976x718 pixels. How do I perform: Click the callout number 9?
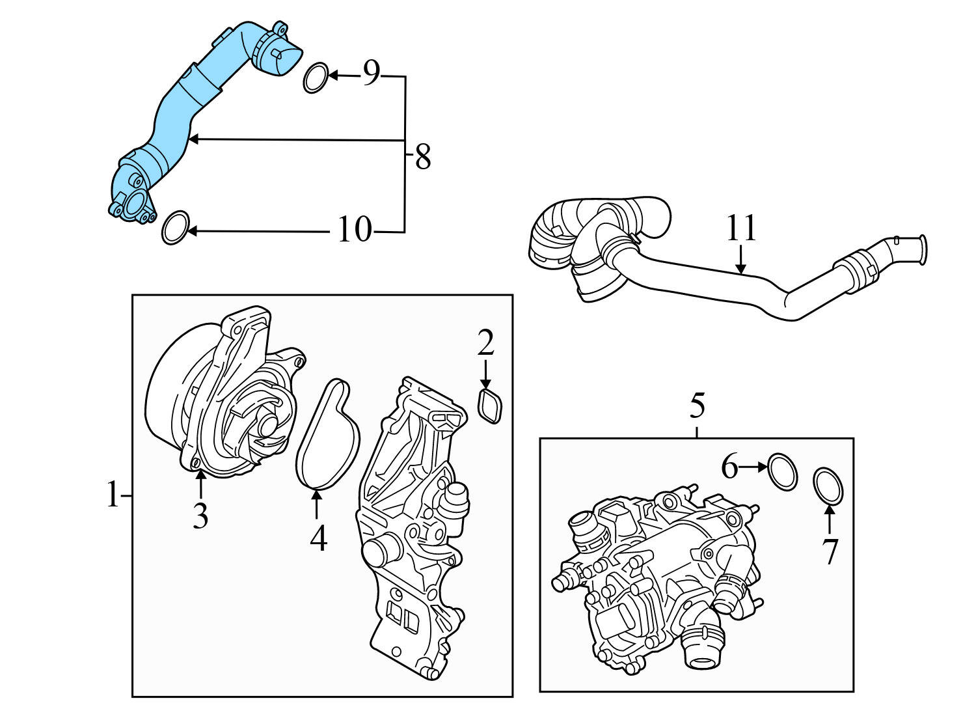point(371,74)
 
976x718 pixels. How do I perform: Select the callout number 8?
point(423,157)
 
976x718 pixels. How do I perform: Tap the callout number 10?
point(355,229)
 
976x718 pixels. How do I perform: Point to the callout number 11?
point(741,228)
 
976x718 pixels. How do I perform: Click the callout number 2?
point(485,343)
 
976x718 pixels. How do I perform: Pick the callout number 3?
point(200,516)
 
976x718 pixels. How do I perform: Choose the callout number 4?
point(318,538)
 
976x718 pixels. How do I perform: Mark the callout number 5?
point(697,406)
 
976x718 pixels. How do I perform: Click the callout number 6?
point(729,467)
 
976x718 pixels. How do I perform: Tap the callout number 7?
point(830,551)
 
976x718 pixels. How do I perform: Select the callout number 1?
point(113,495)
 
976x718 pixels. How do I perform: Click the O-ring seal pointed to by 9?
point(316,77)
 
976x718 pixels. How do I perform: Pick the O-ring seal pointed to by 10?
point(174,228)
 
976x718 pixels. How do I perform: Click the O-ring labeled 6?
point(782,472)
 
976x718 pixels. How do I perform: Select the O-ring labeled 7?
point(828,486)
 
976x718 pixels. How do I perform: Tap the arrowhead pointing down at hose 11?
point(740,268)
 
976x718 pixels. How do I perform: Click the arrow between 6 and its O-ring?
point(754,467)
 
